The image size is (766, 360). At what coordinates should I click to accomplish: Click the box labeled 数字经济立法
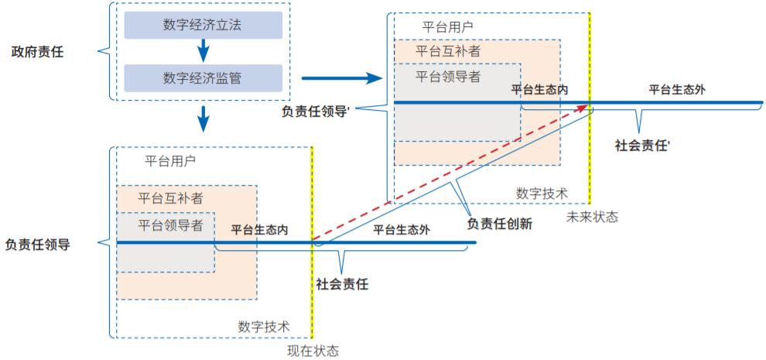pos(202,26)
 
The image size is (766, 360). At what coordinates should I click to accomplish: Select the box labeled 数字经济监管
pos(202,77)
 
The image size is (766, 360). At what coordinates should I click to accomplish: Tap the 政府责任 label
pos(37,52)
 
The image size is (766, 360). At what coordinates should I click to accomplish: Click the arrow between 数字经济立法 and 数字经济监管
pos(203,52)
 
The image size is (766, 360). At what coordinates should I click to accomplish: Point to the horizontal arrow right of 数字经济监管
pos(340,78)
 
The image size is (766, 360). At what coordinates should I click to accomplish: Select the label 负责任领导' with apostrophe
pos(317,110)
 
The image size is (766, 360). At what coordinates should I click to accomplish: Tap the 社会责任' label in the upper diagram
pos(642,145)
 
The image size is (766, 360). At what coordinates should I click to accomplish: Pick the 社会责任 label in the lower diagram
pos(342,284)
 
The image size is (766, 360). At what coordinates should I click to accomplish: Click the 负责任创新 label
pos(499,224)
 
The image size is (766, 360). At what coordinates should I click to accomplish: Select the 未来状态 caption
pos(593,217)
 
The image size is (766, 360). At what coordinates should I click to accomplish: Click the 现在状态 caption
pos(313,351)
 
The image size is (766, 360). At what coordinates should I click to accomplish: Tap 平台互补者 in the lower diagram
pos(171,197)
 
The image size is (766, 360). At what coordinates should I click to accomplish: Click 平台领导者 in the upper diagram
pos(448,76)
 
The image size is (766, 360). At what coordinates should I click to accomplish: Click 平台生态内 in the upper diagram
pos(539,90)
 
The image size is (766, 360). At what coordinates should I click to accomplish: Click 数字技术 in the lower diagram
pos(264,326)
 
